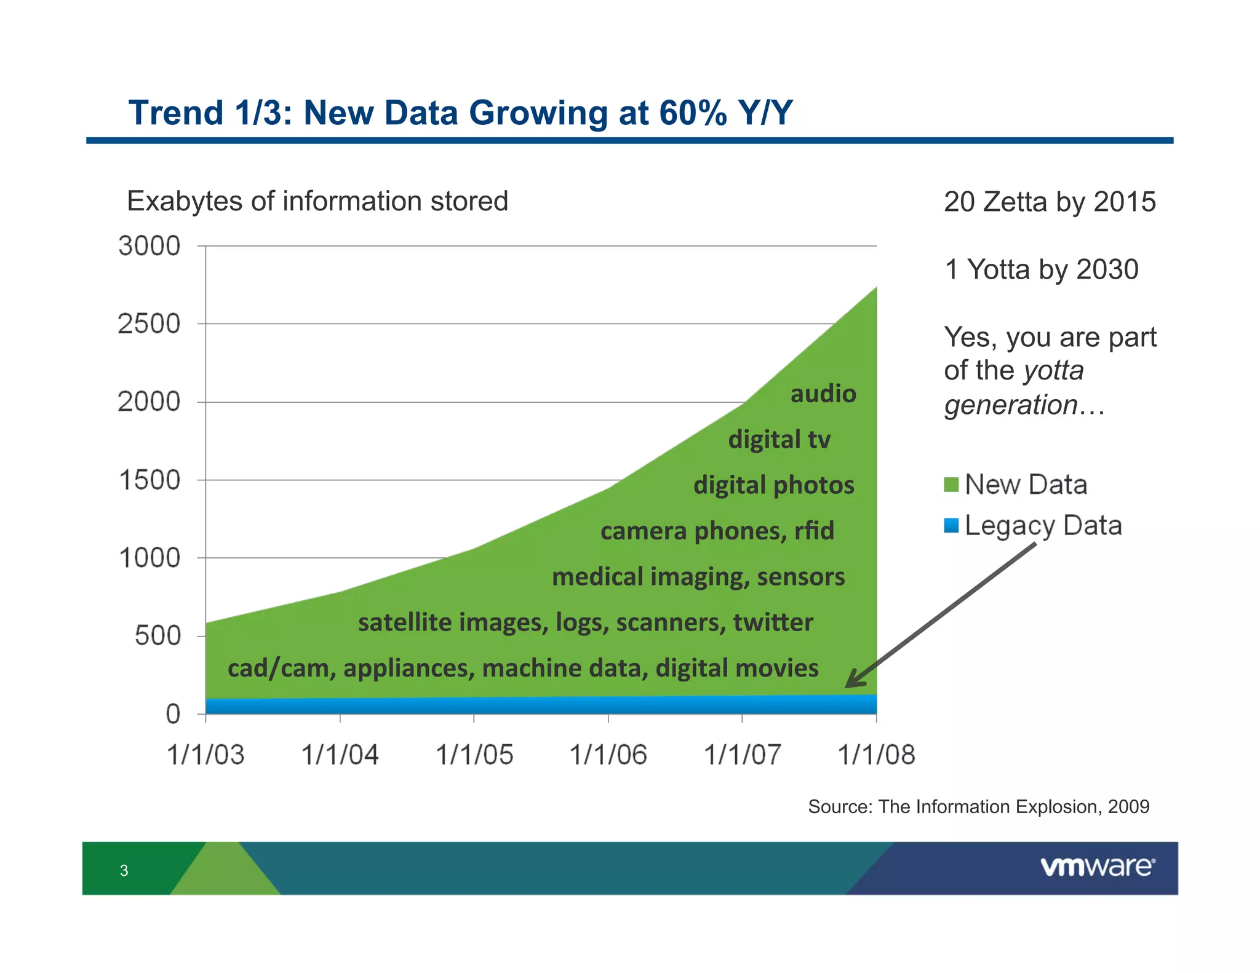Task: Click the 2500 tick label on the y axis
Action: (149, 324)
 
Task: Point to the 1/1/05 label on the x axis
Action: (474, 755)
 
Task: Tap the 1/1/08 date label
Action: (876, 755)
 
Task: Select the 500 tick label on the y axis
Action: (157, 636)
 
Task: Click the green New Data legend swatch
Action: (951, 485)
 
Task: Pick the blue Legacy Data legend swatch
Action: (951, 526)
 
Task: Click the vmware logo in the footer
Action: (1098, 867)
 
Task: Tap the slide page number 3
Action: (124, 870)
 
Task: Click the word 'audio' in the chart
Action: (823, 394)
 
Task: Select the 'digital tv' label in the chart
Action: (779, 440)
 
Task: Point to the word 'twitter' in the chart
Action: (773, 622)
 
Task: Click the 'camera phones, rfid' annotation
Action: (717, 531)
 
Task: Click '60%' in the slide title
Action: (693, 113)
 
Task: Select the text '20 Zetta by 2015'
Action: (1050, 202)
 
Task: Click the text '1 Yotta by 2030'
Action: (1041, 269)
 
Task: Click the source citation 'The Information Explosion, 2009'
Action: (1014, 806)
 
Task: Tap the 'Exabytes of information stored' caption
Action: (317, 201)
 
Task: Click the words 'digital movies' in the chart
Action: (736, 669)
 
